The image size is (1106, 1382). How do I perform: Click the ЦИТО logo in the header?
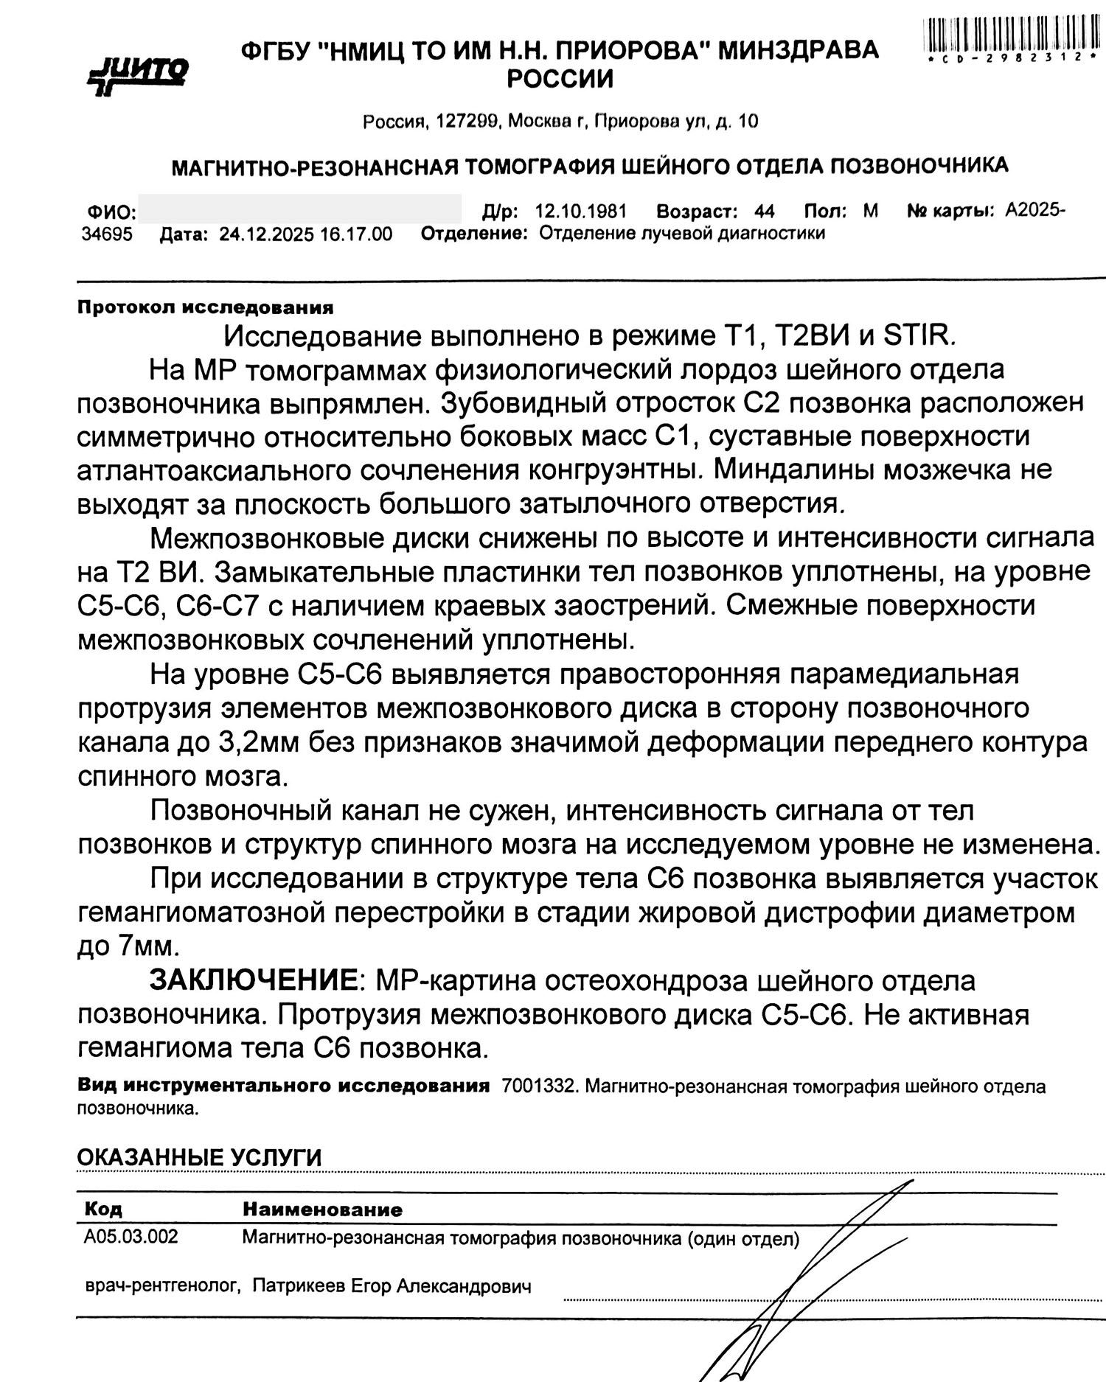(139, 74)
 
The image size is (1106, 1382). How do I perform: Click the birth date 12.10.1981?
(580, 212)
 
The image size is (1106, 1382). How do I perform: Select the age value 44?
(765, 212)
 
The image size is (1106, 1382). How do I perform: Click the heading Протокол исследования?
(205, 307)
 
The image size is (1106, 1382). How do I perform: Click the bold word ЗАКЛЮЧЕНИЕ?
(254, 980)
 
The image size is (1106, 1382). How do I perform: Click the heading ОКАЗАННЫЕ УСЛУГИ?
(199, 1157)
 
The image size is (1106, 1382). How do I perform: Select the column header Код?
(103, 1209)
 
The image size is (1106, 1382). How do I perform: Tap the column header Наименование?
(322, 1210)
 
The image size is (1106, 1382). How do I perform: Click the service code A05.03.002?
(131, 1236)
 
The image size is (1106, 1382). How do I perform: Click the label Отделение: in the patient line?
(473, 234)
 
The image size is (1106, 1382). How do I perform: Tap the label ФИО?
(111, 213)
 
